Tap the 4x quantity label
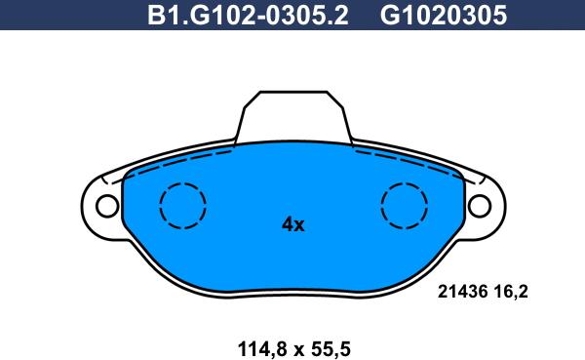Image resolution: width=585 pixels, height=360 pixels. pyautogui.click(x=292, y=224)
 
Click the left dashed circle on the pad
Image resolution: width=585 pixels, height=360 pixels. pyautogui.click(x=182, y=207)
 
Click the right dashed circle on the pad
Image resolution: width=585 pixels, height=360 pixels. pyautogui.click(x=404, y=207)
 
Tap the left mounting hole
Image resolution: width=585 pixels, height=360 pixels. pyautogui.click(x=105, y=206)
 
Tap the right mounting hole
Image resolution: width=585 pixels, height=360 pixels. pyautogui.click(x=480, y=206)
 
